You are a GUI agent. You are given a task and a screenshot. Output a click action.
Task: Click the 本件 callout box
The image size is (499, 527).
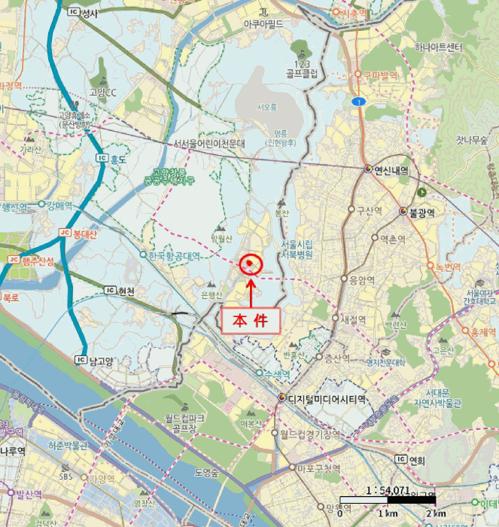tap(249, 320)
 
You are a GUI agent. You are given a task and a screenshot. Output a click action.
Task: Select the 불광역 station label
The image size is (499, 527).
tap(422, 212)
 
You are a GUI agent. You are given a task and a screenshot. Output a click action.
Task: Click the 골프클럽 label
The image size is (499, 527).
tap(302, 74)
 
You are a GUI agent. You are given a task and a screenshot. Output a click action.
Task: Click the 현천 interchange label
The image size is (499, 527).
tap(120, 291)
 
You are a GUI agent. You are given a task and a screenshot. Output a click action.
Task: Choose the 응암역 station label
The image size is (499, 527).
tap(362, 279)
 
